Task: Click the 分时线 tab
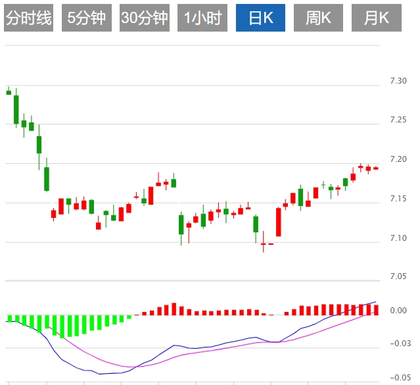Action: pyautogui.click(x=28, y=18)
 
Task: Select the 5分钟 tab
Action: pyautogui.click(x=86, y=18)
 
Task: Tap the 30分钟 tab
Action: pyautogui.click(x=144, y=18)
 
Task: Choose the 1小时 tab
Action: pyautogui.click(x=202, y=18)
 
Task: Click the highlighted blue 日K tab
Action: pyautogui.click(x=261, y=18)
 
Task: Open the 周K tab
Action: pyautogui.click(x=318, y=18)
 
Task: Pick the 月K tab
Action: pyautogui.click(x=376, y=18)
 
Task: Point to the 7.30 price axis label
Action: pyautogui.click(x=398, y=81)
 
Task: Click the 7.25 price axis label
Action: pyautogui.click(x=398, y=120)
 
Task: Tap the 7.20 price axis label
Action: pyautogui.click(x=398, y=159)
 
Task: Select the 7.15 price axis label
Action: pyautogui.click(x=398, y=198)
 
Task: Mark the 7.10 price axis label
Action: pyautogui.click(x=398, y=238)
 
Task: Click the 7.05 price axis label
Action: pyautogui.click(x=398, y=277)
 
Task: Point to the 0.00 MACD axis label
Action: pyautogui.click(x=398, y=311)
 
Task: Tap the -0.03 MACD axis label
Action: pyautogui.click(x=398, y=343)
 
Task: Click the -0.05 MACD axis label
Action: pyautogui.click(x=398, y=377)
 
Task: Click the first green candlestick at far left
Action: pyautogui.click(x=9, y=92)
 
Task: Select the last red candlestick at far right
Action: pyautogui.click(x=376, y=168)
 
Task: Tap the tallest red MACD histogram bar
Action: pyautogui.click(x=174, y=309)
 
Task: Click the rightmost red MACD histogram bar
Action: pyautogui.click(x=376, y=309)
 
